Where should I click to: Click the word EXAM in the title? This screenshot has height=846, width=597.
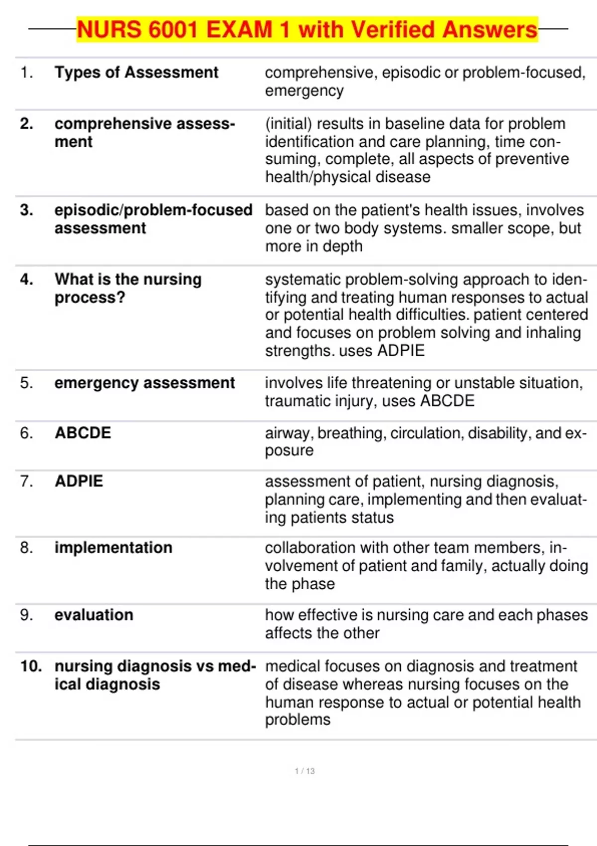[239, 29]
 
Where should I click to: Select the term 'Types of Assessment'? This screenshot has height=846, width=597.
[136, 73]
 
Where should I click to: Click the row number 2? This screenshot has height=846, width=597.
[26, 123]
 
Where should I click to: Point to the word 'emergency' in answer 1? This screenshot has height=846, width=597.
[304, 91]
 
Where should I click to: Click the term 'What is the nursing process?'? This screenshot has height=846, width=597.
[128, 288]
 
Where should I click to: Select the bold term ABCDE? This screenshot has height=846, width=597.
[83, 433]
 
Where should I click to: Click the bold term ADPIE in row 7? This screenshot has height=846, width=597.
[79, 481]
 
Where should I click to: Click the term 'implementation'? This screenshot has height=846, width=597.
[113, 548]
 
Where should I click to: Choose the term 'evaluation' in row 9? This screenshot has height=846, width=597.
[94, 615]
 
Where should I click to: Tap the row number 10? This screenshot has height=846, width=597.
[31, 666]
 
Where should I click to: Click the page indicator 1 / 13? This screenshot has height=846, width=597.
[304, 771]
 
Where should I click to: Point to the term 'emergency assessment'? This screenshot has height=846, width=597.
[144, 383]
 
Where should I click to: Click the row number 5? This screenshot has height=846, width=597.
[26, 383]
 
